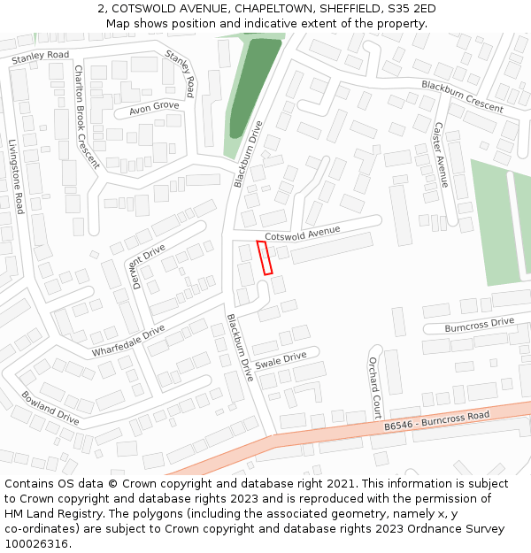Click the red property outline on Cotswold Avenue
tap(265, 257)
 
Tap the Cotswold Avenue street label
tap(303, 234)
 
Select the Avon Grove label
tap(154, 108)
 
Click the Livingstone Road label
tap(16, 176)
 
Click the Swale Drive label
tap(281, 361)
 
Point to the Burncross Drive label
tap(479, 324)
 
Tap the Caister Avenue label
tap(440, 155)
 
